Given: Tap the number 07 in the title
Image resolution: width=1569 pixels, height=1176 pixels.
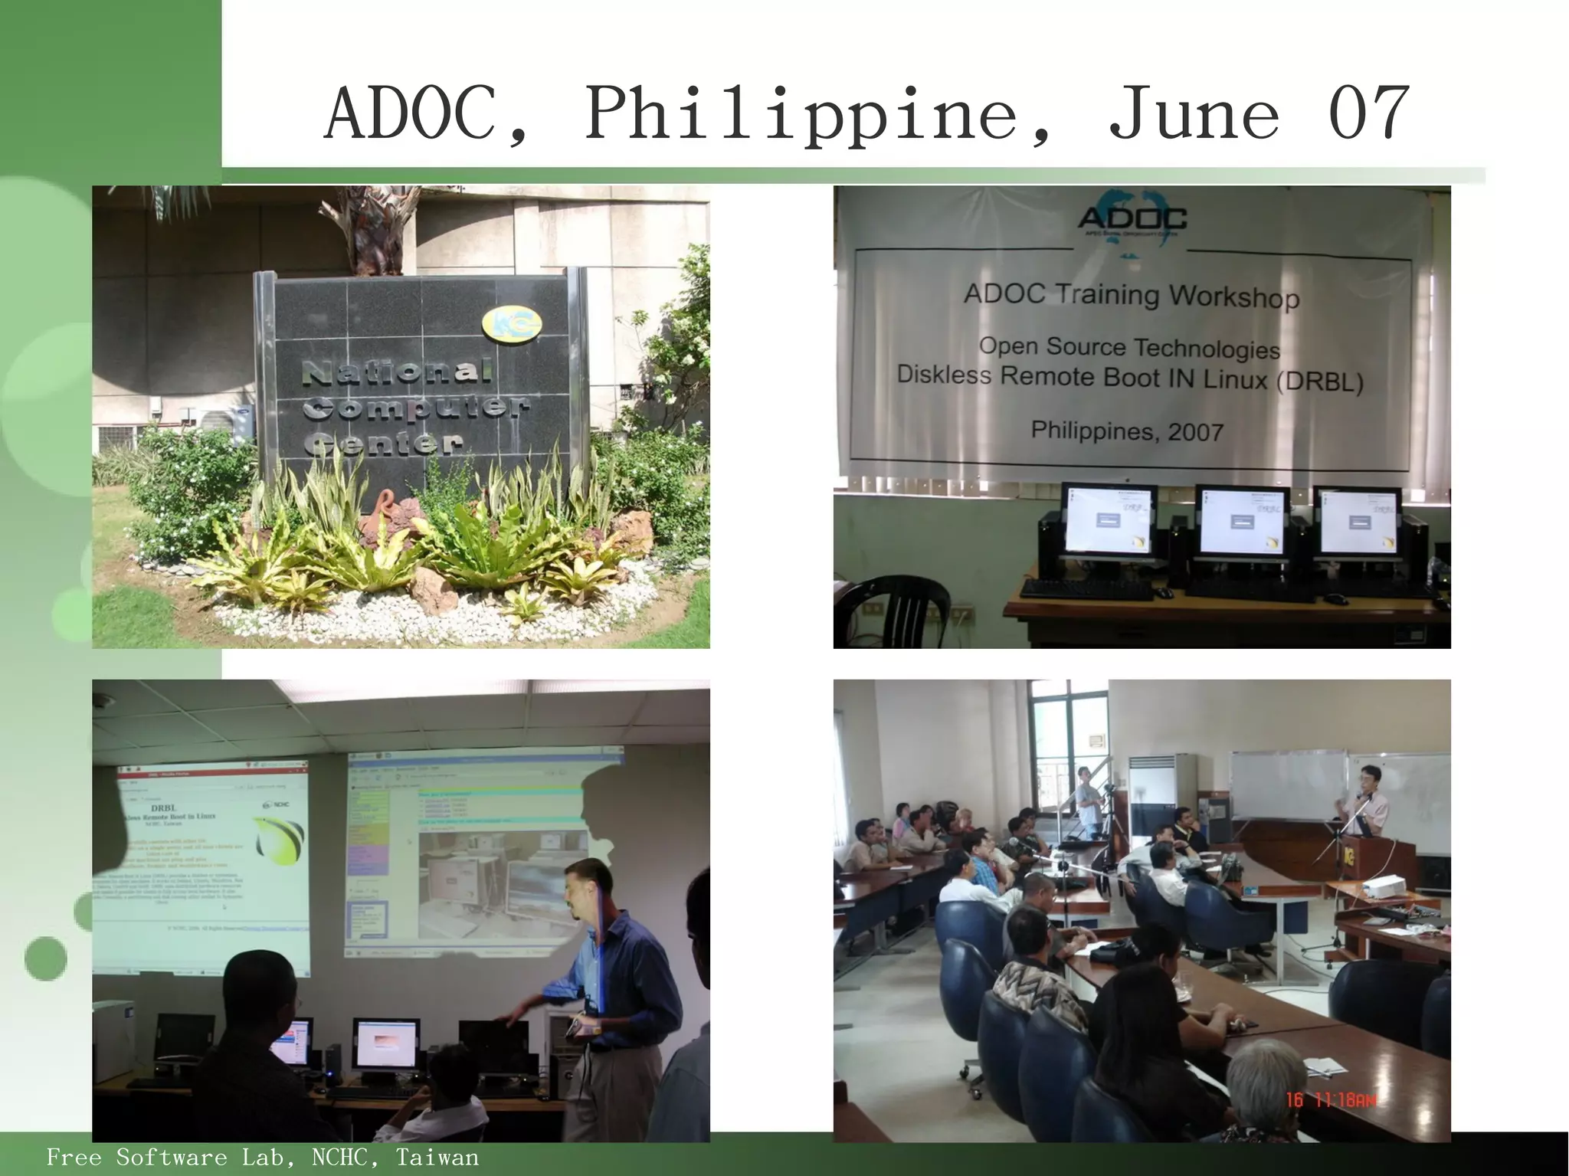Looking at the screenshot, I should tap(1368, 115).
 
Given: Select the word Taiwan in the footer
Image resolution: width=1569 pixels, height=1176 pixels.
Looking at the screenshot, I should tap(437, 1157).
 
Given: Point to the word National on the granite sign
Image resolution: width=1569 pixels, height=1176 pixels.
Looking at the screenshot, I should tap(396, 373).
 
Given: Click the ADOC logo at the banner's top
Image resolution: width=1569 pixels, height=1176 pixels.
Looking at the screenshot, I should tap(1132, 219).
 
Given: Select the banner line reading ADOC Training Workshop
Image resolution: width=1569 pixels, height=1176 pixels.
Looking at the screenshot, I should tap(1132, 295).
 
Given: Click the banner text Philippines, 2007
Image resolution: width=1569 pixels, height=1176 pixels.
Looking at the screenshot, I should tap(1126, 431).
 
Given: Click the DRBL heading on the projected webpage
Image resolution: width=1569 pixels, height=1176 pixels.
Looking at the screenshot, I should tap(163, 807).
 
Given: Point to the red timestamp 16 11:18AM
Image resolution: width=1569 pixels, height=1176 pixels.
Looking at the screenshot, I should tap(1331, 1100).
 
